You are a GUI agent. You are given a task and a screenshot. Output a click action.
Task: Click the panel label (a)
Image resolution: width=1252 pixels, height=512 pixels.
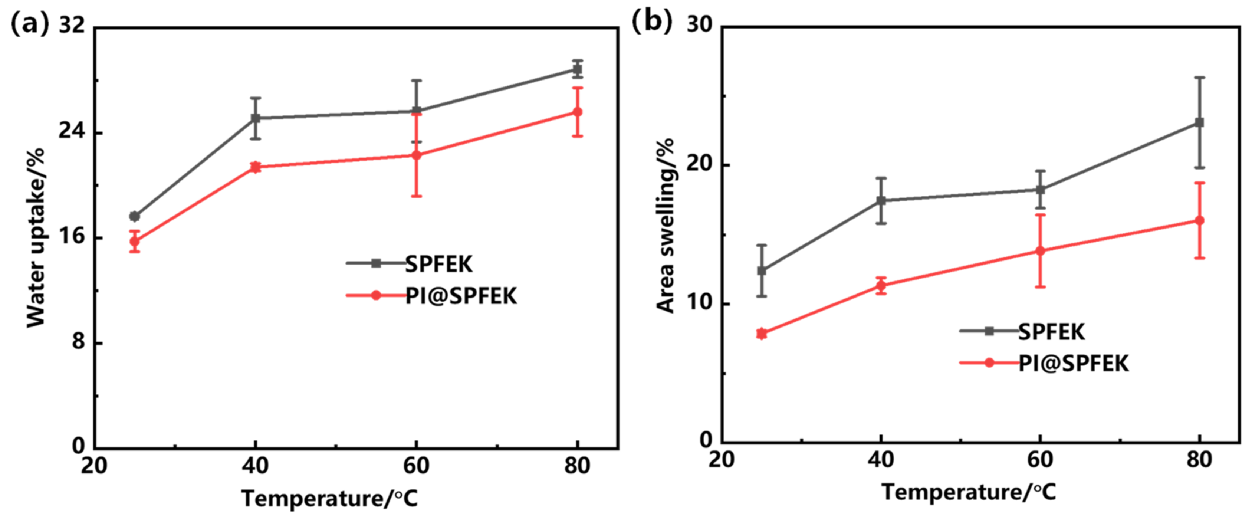[29, 23]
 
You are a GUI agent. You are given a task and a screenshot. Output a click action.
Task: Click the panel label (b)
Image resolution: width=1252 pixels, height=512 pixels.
[651, 22]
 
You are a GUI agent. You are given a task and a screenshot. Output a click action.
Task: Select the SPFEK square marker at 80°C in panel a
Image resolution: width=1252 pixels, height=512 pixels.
[577, 69]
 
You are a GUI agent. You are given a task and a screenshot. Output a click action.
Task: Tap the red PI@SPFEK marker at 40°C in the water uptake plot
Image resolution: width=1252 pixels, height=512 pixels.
[255, 167]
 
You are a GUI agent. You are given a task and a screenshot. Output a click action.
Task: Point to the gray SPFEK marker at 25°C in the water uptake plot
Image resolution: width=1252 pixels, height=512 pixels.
[135, 216]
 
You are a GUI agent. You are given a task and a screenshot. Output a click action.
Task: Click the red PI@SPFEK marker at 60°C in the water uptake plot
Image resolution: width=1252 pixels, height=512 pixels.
[417, 155]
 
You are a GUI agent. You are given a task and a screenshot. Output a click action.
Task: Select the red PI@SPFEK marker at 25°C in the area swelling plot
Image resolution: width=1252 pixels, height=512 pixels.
[762, 334]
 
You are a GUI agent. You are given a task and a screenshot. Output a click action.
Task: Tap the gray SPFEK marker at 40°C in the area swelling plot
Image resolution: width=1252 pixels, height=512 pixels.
[881, 200]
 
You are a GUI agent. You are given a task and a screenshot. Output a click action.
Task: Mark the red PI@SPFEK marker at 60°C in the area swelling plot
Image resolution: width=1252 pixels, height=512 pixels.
[1040, 251]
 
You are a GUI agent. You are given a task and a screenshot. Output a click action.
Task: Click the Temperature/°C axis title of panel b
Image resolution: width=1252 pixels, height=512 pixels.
[969, 492]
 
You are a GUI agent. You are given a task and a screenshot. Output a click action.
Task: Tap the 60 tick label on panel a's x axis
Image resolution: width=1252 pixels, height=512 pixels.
[417, 466]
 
